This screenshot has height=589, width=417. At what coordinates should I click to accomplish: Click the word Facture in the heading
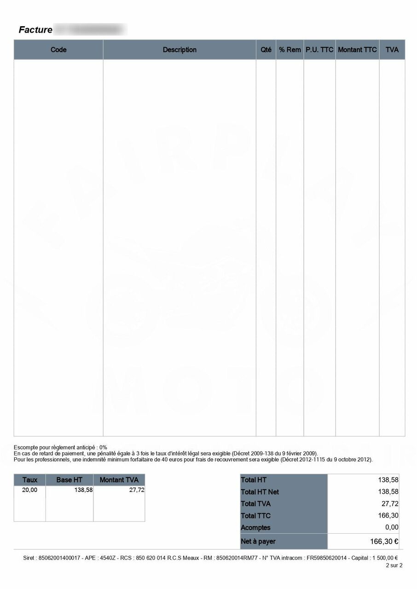pos(35,30)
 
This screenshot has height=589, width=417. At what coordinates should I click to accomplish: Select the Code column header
pos(58,50)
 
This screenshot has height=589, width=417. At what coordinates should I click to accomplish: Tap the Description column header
pos(180,50)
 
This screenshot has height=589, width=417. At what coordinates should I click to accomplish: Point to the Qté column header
pos(266,50)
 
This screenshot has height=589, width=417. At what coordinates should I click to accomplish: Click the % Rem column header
pos(290,50)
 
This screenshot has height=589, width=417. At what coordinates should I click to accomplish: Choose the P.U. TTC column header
pos(319,50)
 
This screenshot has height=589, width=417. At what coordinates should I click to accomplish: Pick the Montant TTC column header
pos(357,50)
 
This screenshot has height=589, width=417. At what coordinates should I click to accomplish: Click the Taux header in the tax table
pos(30,480)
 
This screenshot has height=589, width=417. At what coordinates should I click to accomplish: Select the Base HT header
pos(69,480)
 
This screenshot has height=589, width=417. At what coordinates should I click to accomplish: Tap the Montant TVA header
pos(119,480)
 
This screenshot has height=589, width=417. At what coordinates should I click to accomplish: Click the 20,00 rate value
pos(30,490)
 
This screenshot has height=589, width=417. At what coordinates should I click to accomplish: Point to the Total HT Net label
pos(260,492)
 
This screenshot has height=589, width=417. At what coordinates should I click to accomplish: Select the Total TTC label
pos(255,516)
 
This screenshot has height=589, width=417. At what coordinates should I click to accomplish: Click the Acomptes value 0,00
pos(392,527)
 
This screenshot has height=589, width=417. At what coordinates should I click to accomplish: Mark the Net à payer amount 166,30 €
pos(384,542)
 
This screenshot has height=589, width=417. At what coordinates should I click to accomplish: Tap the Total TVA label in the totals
pos(255,504)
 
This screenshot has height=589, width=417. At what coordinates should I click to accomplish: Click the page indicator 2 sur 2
pos(394,566)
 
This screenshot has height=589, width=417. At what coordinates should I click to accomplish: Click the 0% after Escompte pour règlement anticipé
pos(103,447)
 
